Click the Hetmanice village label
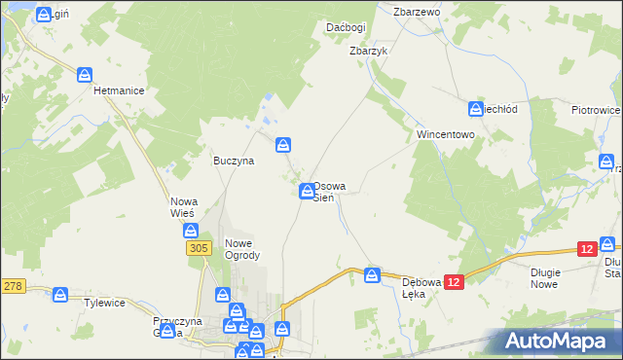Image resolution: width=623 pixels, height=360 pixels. pyautogui.click(x=119, y=90)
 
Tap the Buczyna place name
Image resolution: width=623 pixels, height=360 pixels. pyautogui.click(x=234, y=162)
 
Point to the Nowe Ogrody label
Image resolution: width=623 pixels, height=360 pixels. pyautogui.click(x=242, y=249)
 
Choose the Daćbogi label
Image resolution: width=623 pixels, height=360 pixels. pyautogui.click(x=346, y=27)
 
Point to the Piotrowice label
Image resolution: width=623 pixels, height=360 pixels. pyautogui.click(x=595, y=111)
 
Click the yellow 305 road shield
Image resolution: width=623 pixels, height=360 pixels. pyautogui.click(x=198, y=249)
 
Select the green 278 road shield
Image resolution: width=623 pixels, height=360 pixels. pyautogui.click(x=13, y=285)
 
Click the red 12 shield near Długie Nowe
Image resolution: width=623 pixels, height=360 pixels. pyautogui.click(x=585, y=250)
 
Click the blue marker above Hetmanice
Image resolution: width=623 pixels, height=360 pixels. pyautogui.click(x=86, y=74)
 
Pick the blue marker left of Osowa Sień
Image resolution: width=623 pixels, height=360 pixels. pyautogui.click(x=307, y=191)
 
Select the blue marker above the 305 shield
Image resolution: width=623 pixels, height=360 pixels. pyautogui.click(x=192, y=232)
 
